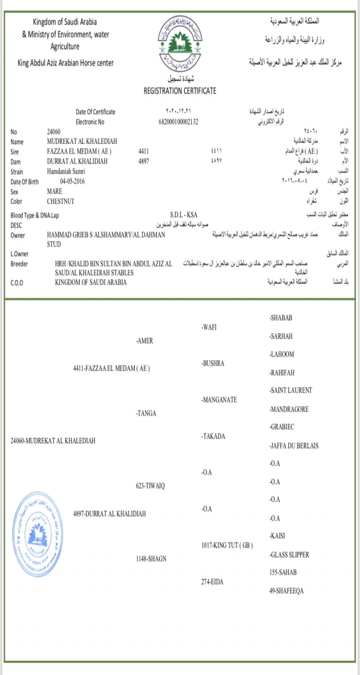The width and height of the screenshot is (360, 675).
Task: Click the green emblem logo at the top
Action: pyautogui.click(x=180, y=42)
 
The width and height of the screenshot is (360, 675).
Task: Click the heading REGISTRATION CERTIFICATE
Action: pyautogui.click(x=180, y=91)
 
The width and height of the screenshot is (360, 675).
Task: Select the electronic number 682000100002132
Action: pyautogui.click(x=179, y=121)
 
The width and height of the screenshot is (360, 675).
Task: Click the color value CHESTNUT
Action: pyautogui.click(x=61, y=202)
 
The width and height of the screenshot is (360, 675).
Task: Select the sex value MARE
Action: pyautogui.click(x=54, y=191)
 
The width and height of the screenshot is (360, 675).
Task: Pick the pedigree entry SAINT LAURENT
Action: pyautogui.click(x=291, y=390)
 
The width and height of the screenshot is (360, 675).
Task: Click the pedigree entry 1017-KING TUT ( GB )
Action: pyautogui.click(x=227, y=545)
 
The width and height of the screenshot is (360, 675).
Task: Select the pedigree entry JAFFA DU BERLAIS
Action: pyautogui.click(x=294, y=445)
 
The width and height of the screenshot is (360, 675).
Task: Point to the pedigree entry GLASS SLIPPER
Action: pyautogui.click(x=289, y=555)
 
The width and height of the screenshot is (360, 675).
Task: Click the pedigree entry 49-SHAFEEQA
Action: pyautogui.click(x=286, y=591)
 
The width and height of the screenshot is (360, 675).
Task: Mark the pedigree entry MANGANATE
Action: pyautogui.click(x=219, y=400)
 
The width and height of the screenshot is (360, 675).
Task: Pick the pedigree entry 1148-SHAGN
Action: pyautogui.click(x=151, y=558)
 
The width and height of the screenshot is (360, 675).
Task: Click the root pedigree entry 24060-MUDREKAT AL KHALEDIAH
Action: pyautogui.click(x=53, y=441)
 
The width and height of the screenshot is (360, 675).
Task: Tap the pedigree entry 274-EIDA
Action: pyautogui.click(x=212, y=582)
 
